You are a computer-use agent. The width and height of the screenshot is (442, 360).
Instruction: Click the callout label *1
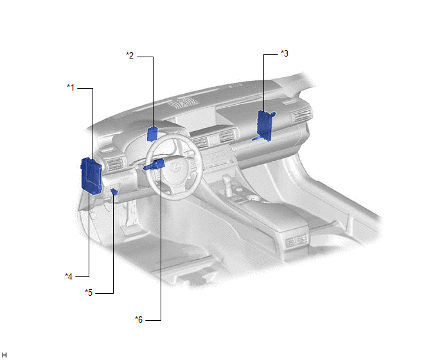tap(71, 87)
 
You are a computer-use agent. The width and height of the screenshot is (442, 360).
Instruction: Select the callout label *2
tap(130, 55)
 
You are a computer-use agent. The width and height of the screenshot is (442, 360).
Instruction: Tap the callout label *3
tap(285, 53)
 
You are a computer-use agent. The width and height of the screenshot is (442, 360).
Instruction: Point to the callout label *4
tap(69, 276)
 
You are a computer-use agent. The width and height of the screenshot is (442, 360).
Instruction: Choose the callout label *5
tap(89, 292)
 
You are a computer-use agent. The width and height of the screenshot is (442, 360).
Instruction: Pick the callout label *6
tap(139, 319)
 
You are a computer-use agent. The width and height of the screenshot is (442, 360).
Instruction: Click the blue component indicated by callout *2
tap(152, 134)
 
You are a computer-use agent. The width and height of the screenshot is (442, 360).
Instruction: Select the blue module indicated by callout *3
tap(265, 125)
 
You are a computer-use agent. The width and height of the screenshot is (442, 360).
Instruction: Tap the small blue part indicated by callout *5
tap(114, 192)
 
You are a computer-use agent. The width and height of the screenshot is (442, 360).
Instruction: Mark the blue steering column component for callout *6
tap(154, 165)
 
